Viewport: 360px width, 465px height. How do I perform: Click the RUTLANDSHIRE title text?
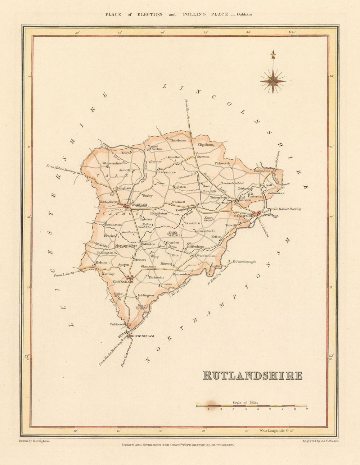tap(253, 375)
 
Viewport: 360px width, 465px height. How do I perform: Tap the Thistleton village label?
tap(178, 140)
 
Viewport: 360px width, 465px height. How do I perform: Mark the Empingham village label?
tap(185, 209)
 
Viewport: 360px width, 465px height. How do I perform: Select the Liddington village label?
tap(146, 295)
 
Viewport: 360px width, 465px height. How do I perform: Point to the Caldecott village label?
tap(117, 324)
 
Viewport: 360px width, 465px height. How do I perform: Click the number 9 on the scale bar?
tap(306, 409)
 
